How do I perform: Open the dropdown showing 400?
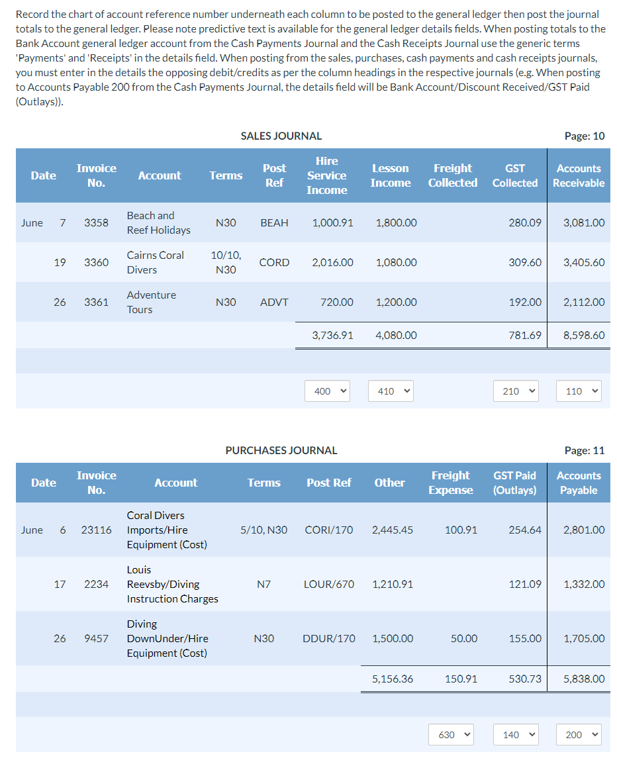327,391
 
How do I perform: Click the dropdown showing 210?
516,391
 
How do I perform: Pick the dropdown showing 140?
516,735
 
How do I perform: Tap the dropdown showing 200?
579,735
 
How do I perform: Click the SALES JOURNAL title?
281,136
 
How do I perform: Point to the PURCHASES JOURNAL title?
281,450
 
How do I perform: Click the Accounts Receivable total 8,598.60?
583,335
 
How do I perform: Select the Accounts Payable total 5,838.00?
583,679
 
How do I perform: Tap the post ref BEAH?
274,223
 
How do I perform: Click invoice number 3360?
96,263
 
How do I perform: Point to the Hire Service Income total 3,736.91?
332,335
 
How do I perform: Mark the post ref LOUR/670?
328,584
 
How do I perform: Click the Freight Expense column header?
451,483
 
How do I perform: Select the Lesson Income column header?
390,175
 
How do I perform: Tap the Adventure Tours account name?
151,302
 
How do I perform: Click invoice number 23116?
96,530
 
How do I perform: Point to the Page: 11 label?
584,450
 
